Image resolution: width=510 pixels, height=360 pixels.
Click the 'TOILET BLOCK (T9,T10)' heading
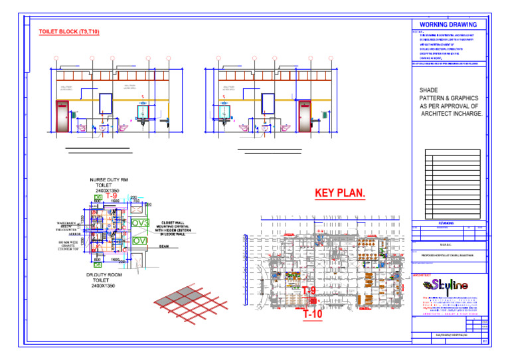tap(69, 32)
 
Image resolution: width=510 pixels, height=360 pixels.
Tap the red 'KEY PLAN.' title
tap(340, 193)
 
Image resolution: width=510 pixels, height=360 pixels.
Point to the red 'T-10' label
tap(312, 314)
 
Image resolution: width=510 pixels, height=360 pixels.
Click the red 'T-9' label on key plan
tap(309, 291)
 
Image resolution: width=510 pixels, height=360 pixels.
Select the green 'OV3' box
tap(140, 223)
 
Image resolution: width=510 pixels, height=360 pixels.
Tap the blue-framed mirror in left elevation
tap(106, 103)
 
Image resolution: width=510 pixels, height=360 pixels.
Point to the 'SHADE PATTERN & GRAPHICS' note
tap(451, 102)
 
